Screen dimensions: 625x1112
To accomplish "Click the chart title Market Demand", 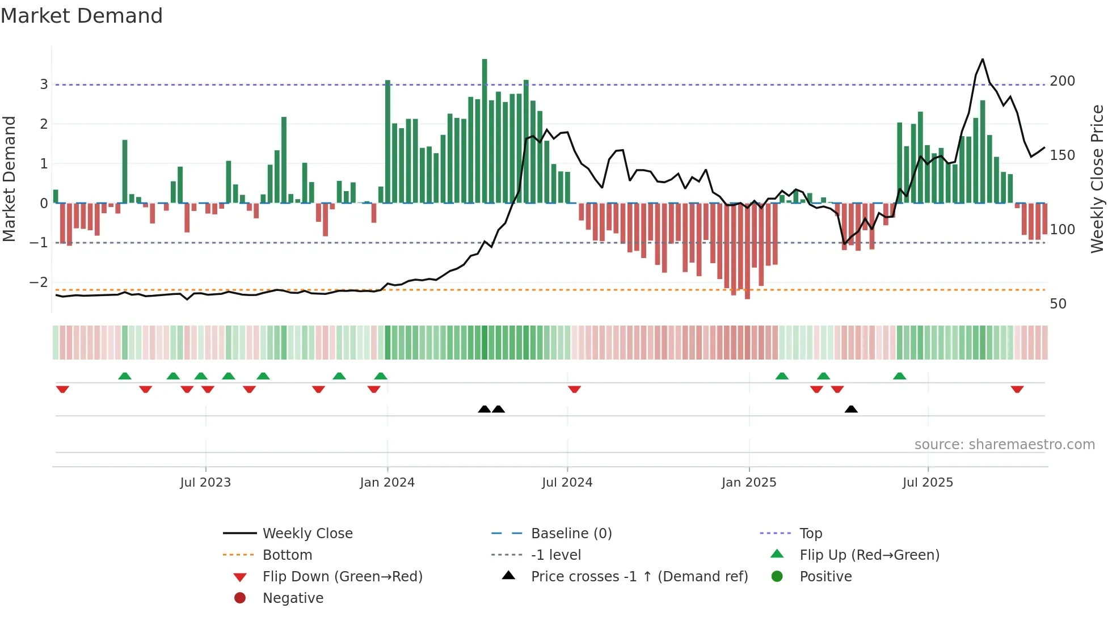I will pyautogui.click(x=82, y=16).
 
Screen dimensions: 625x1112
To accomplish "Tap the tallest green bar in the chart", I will pyautogui.click(x=485, y=130).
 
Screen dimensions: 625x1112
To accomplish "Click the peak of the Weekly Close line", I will pyautogui.click(x=983, y=60).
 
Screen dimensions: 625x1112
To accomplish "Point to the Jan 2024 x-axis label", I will pyautogui.click(x=387, y=483).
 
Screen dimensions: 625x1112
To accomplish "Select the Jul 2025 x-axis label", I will pyautogui.click(x=928, y=483).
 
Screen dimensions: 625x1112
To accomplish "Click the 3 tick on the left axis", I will pyautogui.click(x=44, y=85).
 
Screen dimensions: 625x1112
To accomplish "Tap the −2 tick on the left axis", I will pyautogui.click(x=39, y=282).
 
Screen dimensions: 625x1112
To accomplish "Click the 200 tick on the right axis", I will pyautogui.click(x=1062, y=81).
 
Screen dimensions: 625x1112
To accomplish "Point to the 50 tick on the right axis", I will pyautogui.click(x=1058, y=304).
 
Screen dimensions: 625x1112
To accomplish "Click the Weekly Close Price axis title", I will pyautogui.click(x=1097, y=179).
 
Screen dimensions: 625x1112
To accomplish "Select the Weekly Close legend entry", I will pyautogui.click(x=307, y=534).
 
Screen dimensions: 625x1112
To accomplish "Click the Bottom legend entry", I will pyautogui.click(x=287, y=555).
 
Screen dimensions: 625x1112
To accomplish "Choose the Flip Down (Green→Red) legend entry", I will pyautogui.click(x=342, y=577).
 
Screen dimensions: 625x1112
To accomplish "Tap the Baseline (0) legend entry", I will pyautogui.click(x=571, y=534).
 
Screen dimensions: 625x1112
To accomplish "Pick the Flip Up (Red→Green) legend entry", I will pyautogui.click(x=869, y=555).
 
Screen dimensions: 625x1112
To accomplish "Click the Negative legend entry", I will pyautogui.click(x=293, y=598).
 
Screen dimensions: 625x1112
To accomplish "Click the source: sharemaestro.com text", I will pyautogui.click(x=1004, y=445).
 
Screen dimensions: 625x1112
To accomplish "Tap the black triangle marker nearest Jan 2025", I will pyautogui.click(x=851, y=409).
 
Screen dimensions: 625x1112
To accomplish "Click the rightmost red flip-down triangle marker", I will pyautogui.click(x=1017, y=389).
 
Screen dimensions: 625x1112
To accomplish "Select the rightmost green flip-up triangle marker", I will pyautogui.click(x=899, y=376).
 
